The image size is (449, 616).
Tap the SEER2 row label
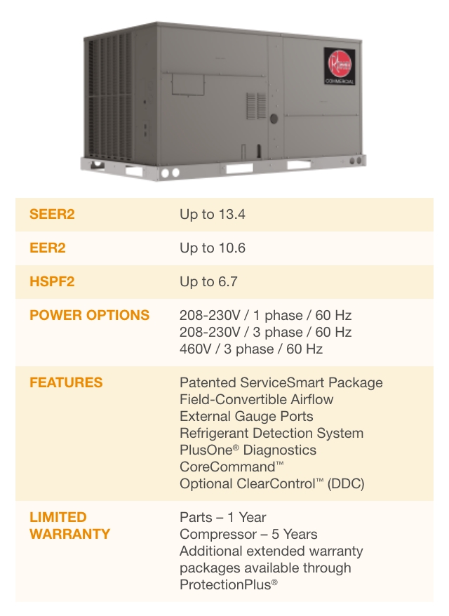click(x=52, y=215)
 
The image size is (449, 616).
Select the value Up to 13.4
click(x=212, y=215)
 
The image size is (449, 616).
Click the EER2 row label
click(x=48, y=248)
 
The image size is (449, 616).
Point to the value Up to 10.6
click(x=212, y=248)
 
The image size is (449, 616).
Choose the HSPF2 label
click(x=52, y=281)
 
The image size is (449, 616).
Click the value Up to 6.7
click(x=208, y=281)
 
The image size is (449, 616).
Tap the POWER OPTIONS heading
click(x=90, y=315)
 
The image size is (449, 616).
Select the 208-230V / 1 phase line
click(x=266, y=315)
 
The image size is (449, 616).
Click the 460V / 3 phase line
click(x=251, y=349)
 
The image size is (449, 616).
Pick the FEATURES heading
click(x=66, y=382)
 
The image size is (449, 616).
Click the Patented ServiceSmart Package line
click(x=281, y=382)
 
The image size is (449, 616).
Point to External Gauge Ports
click(x=246, y=417)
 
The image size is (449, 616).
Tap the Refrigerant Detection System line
click(x=272, y=434)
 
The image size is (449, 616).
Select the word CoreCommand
click(x=227, y=467)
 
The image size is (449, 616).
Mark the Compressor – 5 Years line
click(x=248, y=535)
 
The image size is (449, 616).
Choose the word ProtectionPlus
click(x=225, y=585)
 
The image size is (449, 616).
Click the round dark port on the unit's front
click(x=274, y=119)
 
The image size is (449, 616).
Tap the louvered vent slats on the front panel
click(x=256, y=106)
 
